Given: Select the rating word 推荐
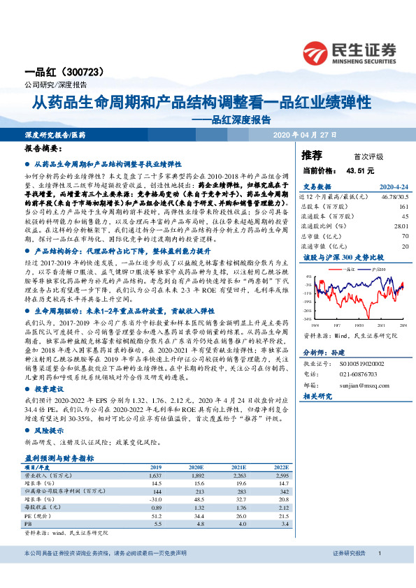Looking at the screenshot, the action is (x=312, y=154).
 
